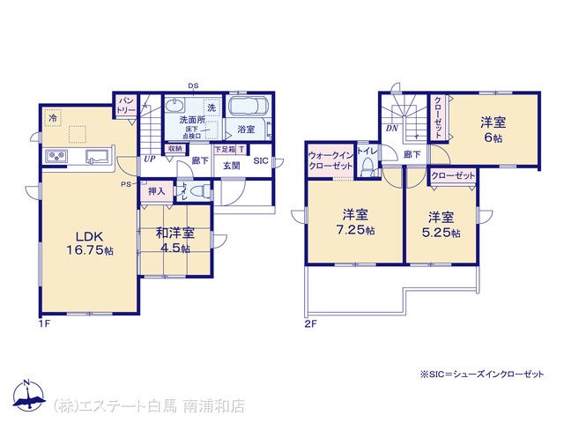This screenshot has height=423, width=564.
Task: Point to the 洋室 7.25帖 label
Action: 356,223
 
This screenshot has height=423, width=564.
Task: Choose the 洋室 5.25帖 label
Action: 441,224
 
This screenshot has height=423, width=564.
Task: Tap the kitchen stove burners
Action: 56,157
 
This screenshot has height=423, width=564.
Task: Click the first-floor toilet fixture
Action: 199,191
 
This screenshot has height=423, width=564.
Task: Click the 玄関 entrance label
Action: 231,166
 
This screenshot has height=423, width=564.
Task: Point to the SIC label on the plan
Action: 261,161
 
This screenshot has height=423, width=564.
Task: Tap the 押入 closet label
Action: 156,191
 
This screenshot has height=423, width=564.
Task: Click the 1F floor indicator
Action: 42,323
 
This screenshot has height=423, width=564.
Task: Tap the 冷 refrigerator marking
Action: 53,116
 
